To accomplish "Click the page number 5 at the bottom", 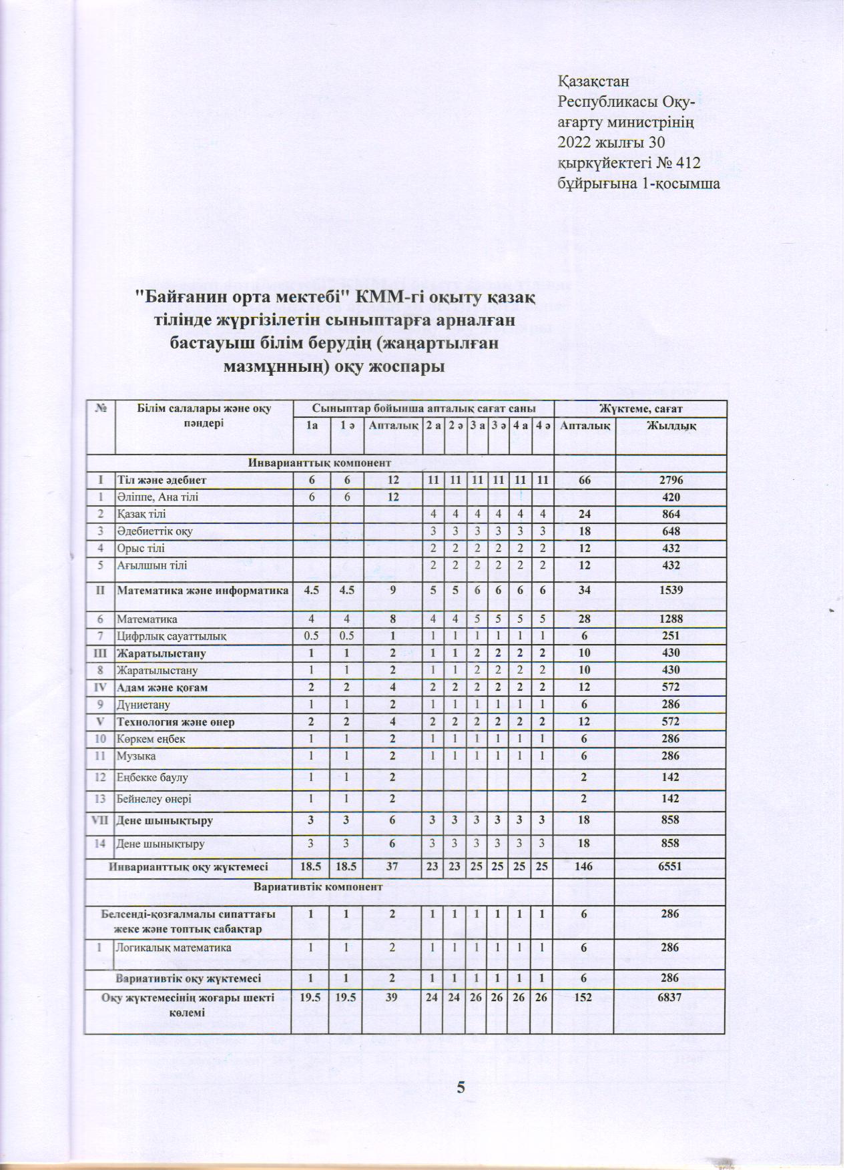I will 461,1087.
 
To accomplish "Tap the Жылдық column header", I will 670,426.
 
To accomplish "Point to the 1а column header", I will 312,426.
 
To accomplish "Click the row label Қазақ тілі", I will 142,514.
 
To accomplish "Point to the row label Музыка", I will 136,756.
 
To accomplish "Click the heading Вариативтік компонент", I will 318,887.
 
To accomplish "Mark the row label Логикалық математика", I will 174,948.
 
